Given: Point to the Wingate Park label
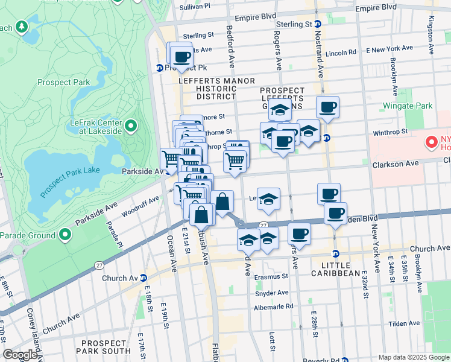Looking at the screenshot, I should coord(408,106).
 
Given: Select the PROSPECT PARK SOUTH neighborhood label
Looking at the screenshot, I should coord(102,346).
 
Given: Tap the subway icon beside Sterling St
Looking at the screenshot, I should coord(318,24).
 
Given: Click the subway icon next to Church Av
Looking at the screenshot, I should coord(143,278).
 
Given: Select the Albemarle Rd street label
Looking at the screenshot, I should coord(273,306).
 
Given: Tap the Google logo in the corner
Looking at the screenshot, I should coord(20,355).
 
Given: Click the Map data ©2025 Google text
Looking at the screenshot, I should coord(414,357).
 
